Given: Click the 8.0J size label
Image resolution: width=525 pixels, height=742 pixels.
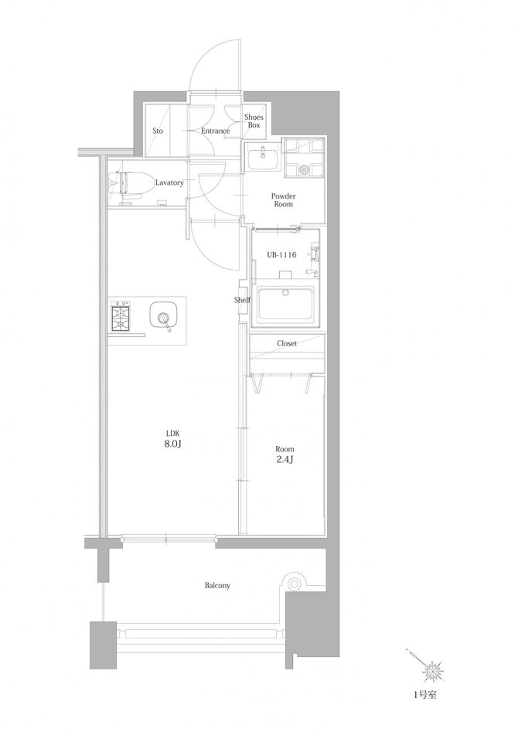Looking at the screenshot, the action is pos(172,444).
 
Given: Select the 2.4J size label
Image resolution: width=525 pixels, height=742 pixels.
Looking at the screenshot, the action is pos(285,459).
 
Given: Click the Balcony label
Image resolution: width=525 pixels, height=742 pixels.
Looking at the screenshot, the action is pos(217,585).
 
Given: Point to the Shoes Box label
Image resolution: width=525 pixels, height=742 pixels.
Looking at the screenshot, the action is pos(254,121).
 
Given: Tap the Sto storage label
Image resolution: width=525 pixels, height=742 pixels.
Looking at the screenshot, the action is pos(158,131).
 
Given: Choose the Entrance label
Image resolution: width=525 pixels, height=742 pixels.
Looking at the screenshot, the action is pos(216,131).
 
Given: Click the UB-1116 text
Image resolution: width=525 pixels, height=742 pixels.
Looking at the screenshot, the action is pos(281,255).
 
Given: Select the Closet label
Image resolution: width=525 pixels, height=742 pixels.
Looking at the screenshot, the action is pos(287,343).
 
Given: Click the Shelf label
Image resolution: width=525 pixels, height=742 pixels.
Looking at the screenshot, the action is pos(242,300).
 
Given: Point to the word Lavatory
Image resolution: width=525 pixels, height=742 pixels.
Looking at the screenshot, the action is pos(169,182).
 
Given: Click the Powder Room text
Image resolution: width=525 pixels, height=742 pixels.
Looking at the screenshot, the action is pos(283,200).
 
